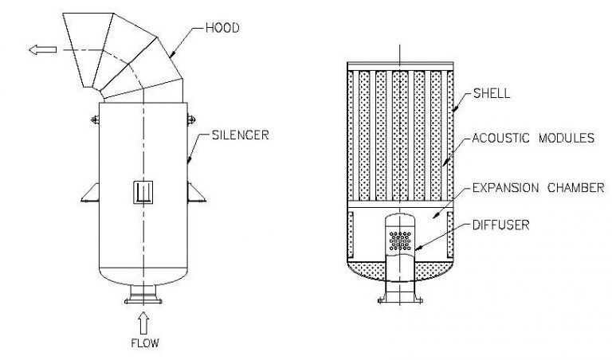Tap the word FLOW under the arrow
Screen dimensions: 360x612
tap(143, 345)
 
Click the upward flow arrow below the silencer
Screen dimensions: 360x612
tap(143, 322)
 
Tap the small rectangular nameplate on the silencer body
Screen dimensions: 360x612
tap(143, 191)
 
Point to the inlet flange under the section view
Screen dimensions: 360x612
tap(398, 301)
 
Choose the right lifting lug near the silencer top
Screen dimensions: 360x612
tap(192, 120)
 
